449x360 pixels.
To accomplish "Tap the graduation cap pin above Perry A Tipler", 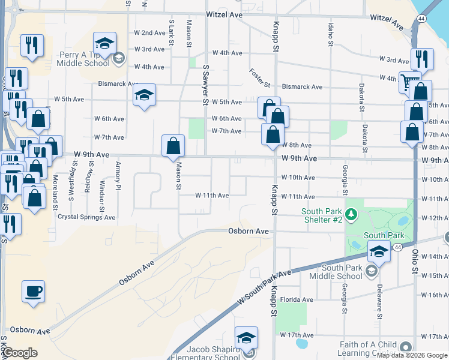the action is point(104,44).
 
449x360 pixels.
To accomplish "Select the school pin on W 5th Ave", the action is point(143,95).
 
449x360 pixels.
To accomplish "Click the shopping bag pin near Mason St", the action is point(173,146).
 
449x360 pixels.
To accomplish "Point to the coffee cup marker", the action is point(33,292).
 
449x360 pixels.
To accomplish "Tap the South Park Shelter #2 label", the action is point(322,215).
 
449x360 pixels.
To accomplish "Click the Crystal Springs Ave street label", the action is point(86,217).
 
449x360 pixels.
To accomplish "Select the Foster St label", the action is point(260,77).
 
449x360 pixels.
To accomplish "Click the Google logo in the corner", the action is point(19,353).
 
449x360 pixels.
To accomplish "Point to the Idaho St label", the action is point(330,34).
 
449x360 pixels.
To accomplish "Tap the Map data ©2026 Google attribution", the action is point(412,355).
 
